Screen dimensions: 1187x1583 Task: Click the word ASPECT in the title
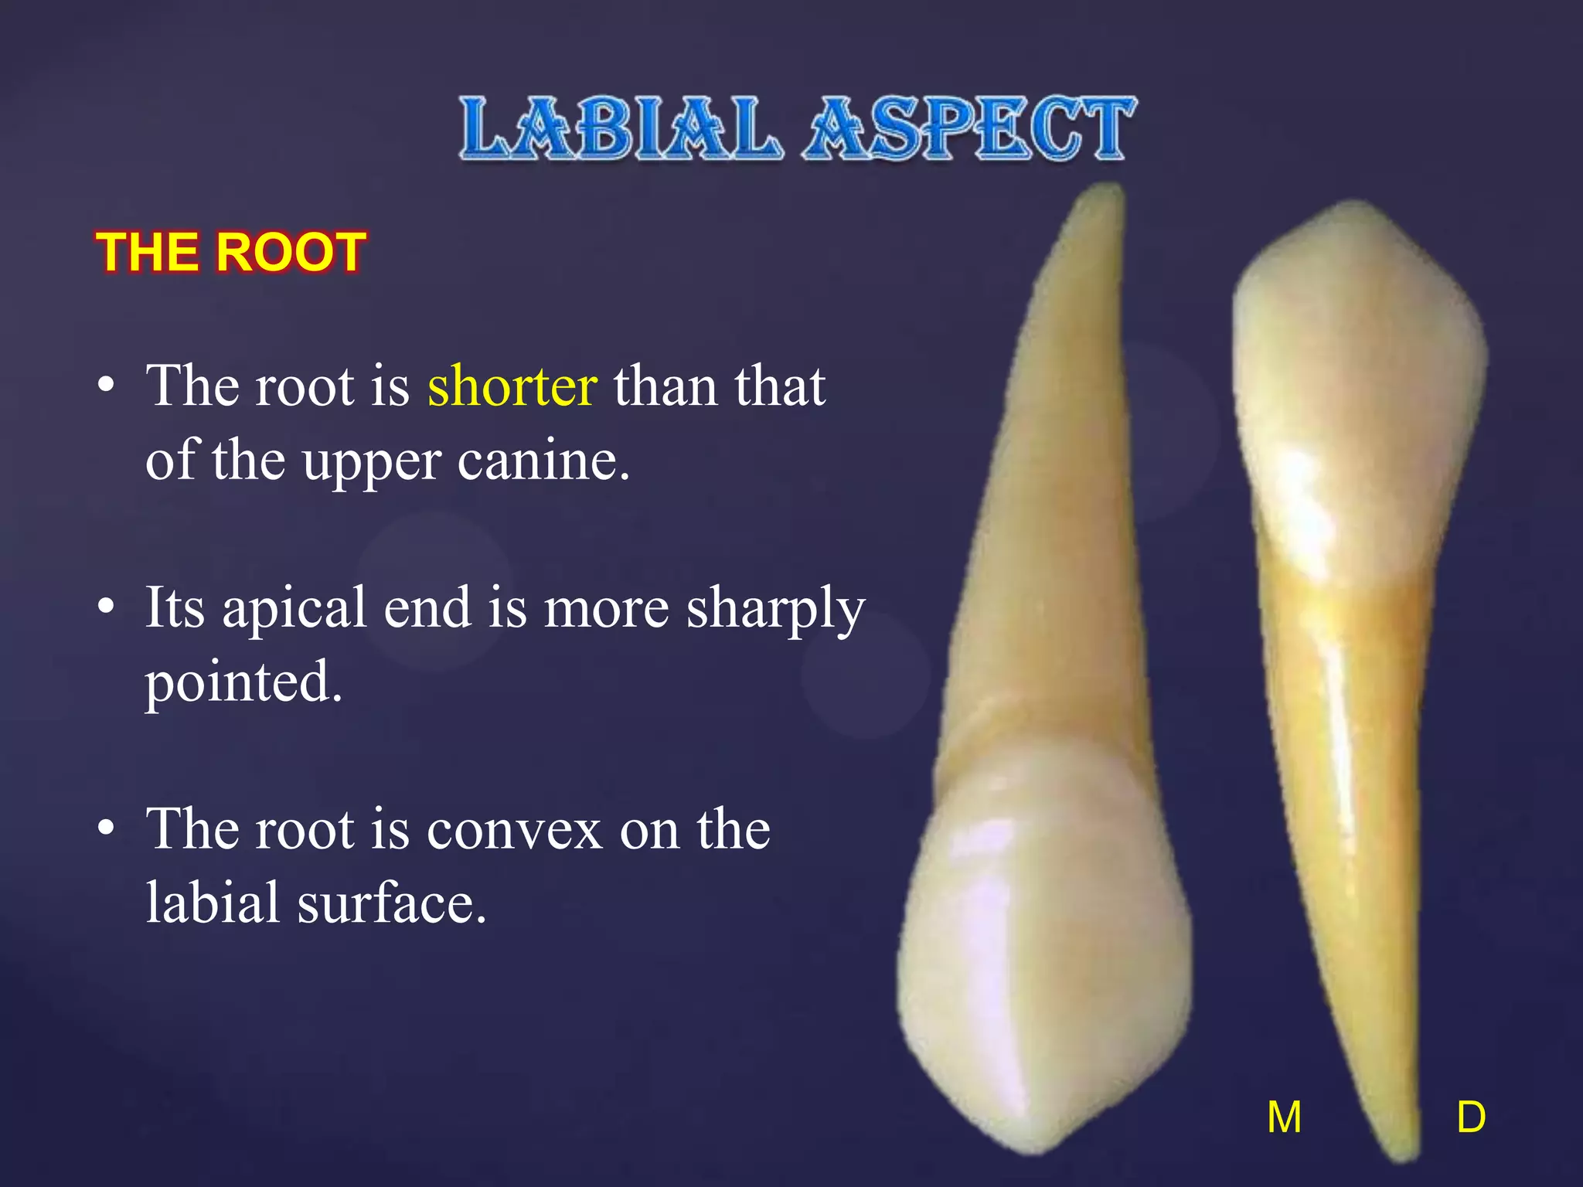(x=969, y=128)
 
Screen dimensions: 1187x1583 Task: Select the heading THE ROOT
(x=230, y=252)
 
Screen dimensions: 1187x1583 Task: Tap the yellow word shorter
(x=512, y=386)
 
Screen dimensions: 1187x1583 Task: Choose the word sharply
(x=775, y=609)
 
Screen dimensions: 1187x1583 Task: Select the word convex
(x=513, y=829)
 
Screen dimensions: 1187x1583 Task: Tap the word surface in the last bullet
(x=392, y=903)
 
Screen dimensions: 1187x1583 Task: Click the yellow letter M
(x=1284, y=1117)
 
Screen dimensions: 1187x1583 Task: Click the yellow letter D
(x=1471, y=1117)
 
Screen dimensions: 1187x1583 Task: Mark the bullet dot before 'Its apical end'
(x=107, y=607)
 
